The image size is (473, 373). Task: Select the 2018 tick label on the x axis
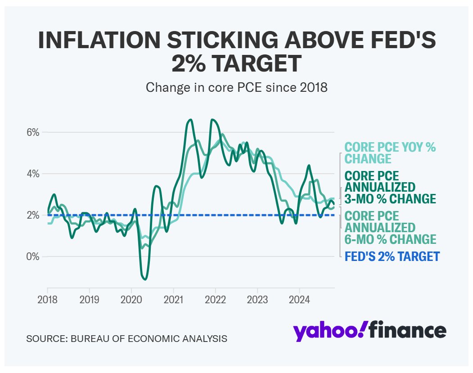(47, 299)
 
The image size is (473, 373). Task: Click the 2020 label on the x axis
(131, 299)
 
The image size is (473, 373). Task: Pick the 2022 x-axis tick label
(215, 299)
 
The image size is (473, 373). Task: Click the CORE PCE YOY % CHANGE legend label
(390, 153)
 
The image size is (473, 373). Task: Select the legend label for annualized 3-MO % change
(390, 187)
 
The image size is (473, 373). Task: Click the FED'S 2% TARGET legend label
(392, 257)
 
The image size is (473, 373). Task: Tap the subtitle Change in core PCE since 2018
(236, 87)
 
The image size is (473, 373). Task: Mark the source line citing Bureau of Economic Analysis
(126, 338)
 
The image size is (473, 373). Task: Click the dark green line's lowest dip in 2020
(145, 279)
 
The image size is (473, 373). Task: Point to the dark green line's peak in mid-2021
(190, 120)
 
